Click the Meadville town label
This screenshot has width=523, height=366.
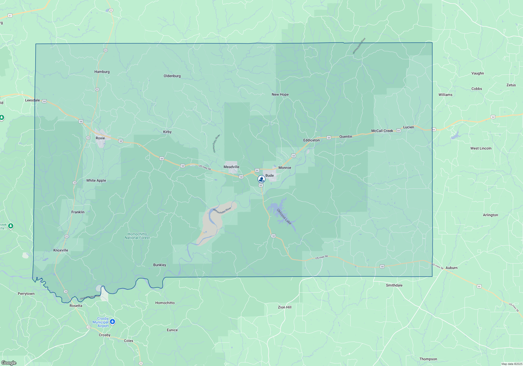[x=231, y=167]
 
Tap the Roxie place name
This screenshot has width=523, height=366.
[x=100, y=138]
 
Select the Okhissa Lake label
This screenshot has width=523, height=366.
[x=284, y=216]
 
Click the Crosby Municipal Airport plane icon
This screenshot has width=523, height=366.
[x=112, y=322]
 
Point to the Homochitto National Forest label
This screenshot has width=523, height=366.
[x=137, y=236]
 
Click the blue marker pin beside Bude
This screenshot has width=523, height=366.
[x=261, y=179]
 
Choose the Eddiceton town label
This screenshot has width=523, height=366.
[x=311, y=140]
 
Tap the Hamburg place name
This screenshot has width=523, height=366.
[x=102, y=72]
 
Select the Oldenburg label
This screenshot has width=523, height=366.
[x=172, y=76]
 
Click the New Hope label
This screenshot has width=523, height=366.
[x=280, y=94]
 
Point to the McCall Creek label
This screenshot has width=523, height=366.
[x=382, y=131]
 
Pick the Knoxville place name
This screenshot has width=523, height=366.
[x=61, y=250]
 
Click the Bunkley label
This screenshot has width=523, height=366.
[x=160, y=265]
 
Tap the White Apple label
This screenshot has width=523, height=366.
[x=96, y=180]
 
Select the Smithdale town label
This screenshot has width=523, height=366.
[x=394, y=285]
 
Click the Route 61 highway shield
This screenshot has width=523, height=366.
[x=10, y=16]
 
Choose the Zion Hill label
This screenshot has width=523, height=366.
[x=285, y=307]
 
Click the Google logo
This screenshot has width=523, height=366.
[x=9, y=363]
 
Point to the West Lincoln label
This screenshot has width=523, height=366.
[x=481, y=148]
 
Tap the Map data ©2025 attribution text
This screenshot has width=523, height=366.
[x=512, y=364]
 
